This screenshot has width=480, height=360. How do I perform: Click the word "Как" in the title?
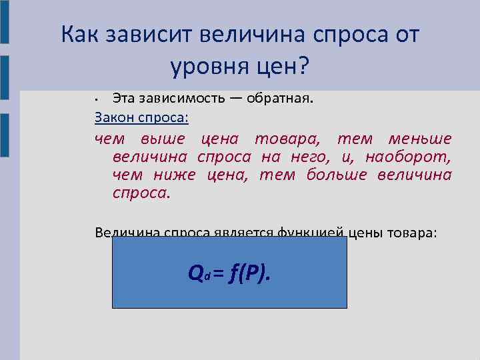click(79, 34)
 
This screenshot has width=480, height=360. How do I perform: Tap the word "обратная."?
click(281, 99)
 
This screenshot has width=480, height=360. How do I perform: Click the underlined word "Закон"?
click(115, 117)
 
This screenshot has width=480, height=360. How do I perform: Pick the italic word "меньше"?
click(420, 139)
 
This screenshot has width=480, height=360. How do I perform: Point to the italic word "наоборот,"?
click(406, 157)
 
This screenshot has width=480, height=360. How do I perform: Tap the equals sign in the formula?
click(219, 272)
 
